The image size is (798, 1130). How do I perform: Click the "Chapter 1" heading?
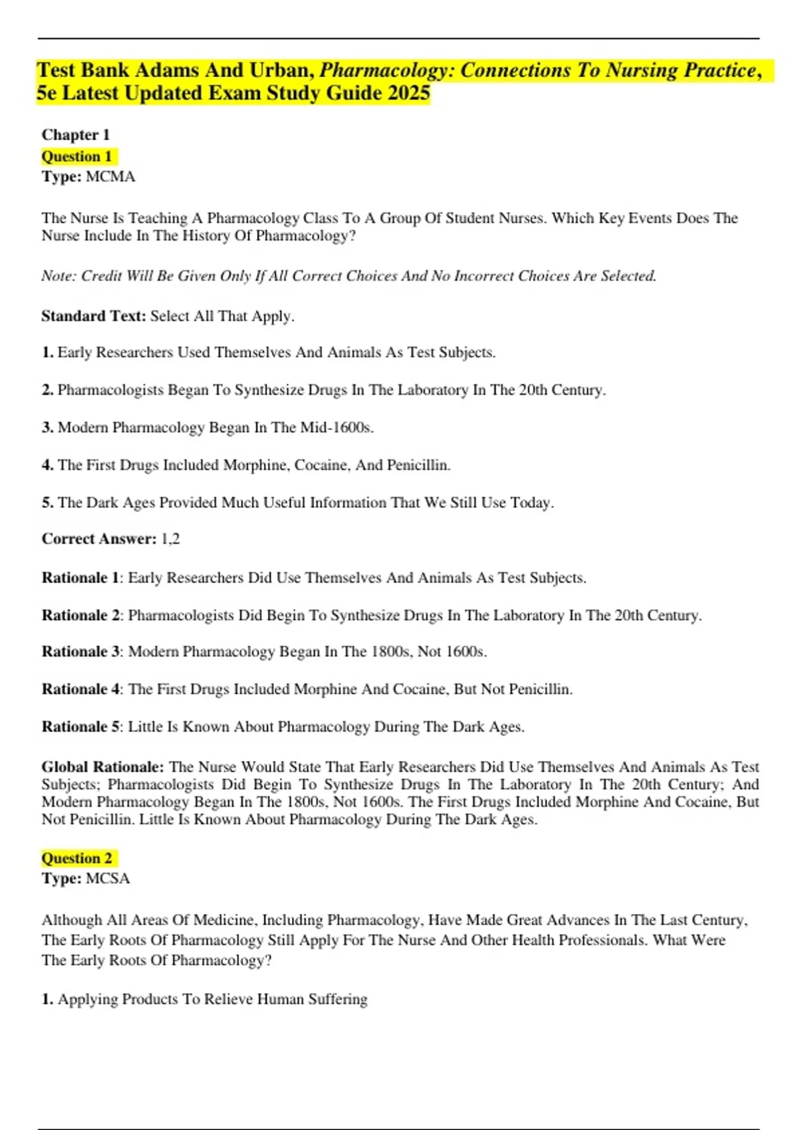pos(75,135)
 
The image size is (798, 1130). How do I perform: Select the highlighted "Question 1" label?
pos(76,157)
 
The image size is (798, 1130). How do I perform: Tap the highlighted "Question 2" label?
pos(76,858)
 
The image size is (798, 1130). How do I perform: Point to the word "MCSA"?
pos(108,879)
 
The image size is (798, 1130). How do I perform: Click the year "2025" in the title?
pos(408,93)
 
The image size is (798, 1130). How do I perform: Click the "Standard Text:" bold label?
pos(93,316)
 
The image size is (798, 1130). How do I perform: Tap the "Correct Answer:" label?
pos(99,539)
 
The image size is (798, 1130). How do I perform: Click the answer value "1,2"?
pos(171,539)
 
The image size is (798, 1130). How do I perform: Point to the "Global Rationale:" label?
pos(102,767)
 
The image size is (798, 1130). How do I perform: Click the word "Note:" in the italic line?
pos(59,276)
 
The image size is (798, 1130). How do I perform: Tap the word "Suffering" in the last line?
pos(338,999)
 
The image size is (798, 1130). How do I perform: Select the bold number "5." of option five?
pos(47,503)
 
